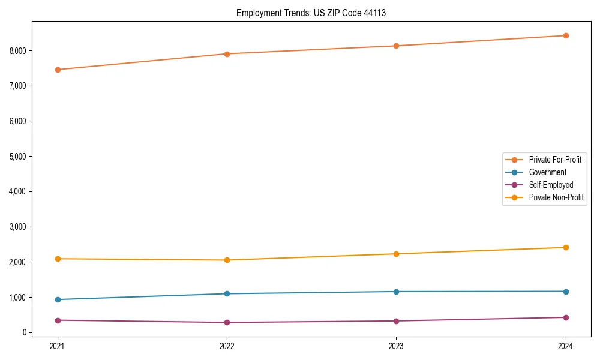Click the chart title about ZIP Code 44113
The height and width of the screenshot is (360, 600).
point(311,13)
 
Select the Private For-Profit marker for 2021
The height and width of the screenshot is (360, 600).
point(58,70)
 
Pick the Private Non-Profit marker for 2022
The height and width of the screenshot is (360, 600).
point(227,260)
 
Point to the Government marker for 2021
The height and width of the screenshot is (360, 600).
point(58,299)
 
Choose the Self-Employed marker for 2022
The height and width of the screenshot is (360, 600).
point(227,322)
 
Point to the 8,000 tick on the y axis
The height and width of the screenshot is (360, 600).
point(18,50)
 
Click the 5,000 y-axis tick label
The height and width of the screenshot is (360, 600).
point(18,157)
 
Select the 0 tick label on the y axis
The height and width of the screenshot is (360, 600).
point(25,332)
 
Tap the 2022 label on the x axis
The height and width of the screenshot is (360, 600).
point(227,346)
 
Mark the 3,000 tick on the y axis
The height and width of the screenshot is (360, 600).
point(18,227)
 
